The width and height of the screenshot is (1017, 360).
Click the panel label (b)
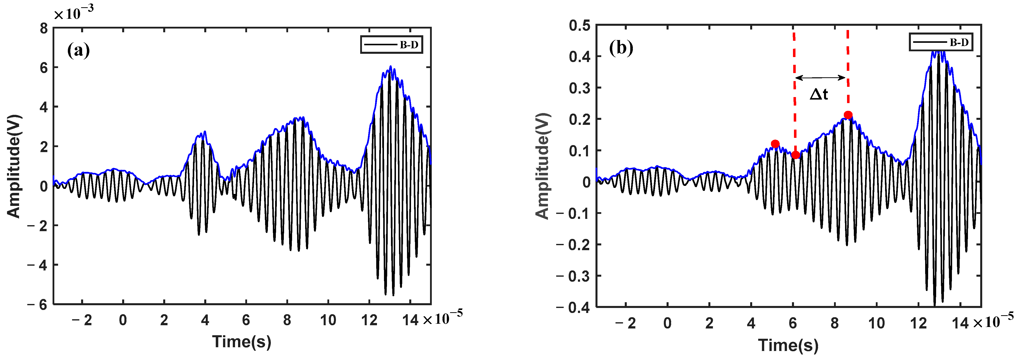coord(621,48)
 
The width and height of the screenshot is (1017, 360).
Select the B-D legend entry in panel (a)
coord(391,45)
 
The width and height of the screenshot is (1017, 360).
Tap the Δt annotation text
coord(819,95)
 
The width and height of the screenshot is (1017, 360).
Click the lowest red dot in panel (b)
coord(795,155)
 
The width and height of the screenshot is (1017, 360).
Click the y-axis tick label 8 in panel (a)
coord(43,29)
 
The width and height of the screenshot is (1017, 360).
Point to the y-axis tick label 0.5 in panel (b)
coord(579,26)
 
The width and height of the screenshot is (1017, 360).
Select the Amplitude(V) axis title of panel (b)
coord(542,166)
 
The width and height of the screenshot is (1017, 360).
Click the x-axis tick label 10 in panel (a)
coord(328,320)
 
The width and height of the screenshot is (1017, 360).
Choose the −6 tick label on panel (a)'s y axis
coord(38,305)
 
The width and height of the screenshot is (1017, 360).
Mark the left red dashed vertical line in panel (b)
coord(794,91)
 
